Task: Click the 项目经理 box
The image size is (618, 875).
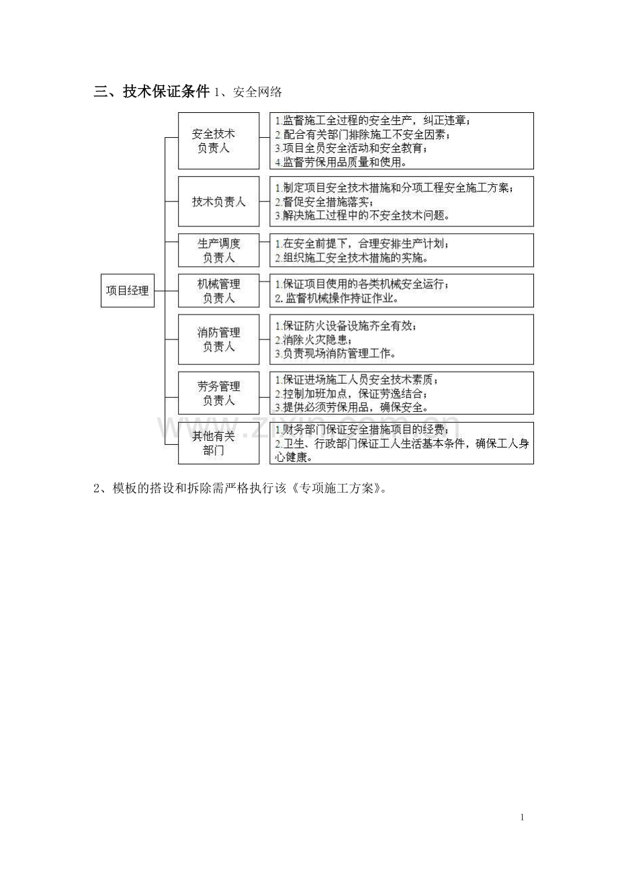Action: point(127,290)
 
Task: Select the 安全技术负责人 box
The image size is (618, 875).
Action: point(218,140)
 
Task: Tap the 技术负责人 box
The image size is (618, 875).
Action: point(218,201)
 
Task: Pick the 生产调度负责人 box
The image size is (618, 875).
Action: point(218,250)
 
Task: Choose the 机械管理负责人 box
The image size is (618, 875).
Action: point(218,290)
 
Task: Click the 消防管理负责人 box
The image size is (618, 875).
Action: point(218,339)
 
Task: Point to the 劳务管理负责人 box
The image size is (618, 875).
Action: point(218,393)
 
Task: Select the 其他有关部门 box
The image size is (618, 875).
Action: point(218,443)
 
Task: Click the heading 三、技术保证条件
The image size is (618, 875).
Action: point(152,93)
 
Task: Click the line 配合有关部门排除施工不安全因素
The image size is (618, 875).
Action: point(363,134)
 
